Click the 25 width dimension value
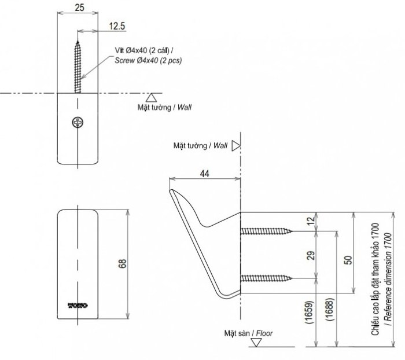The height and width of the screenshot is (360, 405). [80, 7]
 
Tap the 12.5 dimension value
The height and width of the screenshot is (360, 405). [117, 26]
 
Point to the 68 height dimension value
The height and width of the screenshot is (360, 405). [122, 264]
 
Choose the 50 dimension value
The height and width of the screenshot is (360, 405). [347, 260]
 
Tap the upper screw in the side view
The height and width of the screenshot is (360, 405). [266, 232]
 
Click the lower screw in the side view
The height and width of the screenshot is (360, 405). [266, 279]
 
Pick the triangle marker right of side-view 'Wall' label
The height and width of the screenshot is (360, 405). [235, 146]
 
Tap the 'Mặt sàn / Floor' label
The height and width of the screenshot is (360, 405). [249, 333]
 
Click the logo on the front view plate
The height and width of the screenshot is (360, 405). [78, 303]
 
